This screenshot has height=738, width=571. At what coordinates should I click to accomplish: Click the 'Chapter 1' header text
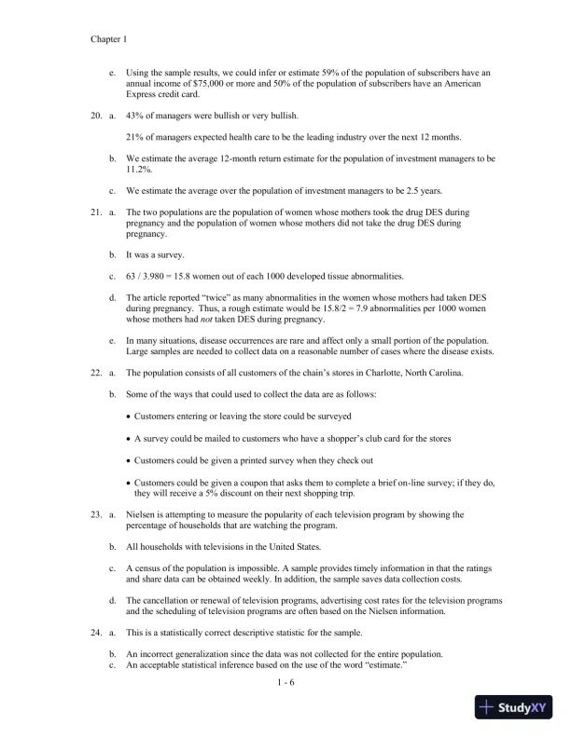pos(108,40)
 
